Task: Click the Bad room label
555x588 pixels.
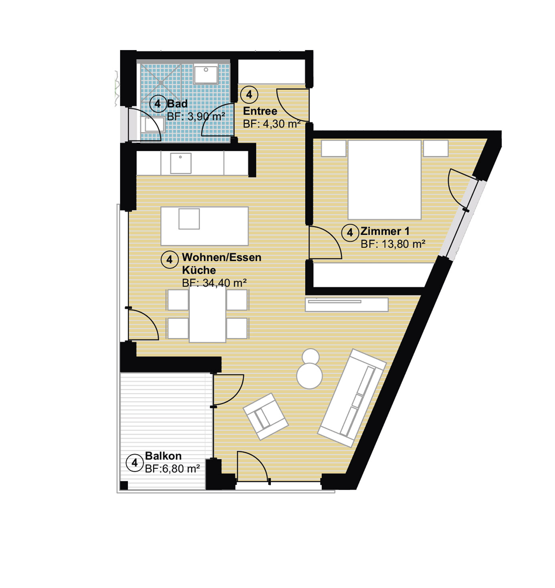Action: tap(177, 103)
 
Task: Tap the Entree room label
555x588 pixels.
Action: tap(260, 111)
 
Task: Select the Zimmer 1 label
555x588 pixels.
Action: tap(385, 231)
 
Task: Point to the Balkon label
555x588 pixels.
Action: tap(163, 456)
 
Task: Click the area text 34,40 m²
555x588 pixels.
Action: tap(224, 283)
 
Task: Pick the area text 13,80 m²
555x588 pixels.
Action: tap(404, 244)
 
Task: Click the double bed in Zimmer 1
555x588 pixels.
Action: tap(384, 180)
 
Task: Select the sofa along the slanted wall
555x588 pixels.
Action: tap(352, 398)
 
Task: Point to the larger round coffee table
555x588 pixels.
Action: tap(309, 376)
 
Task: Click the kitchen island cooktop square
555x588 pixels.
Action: tap(189, 219)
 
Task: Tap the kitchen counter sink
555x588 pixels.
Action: tap(180, 163)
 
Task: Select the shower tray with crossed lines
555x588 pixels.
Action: tap(160, 83)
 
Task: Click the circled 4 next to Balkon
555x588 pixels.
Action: tap(135, 463)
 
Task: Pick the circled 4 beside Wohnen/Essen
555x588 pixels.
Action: tap(170, 260)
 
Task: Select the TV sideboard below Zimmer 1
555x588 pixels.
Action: tap(347, 305)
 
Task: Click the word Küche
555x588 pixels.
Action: tap(199, 270)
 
